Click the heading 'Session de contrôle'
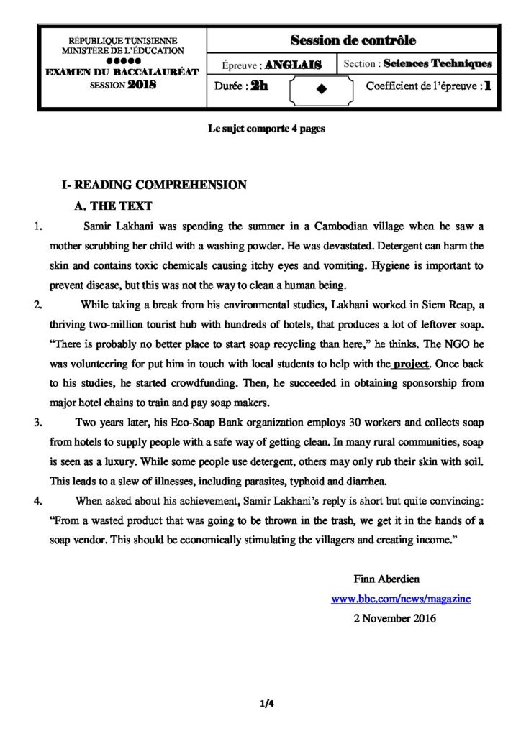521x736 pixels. (x=353, y=40)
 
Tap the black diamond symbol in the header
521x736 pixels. (x=321, y=88)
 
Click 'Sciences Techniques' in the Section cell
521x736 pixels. (x=438, y=64)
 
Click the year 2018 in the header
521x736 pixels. (x=141, y=83)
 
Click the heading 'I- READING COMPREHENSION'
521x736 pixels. (x=155, y=185)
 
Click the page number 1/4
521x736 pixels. (x=266, y=704)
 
